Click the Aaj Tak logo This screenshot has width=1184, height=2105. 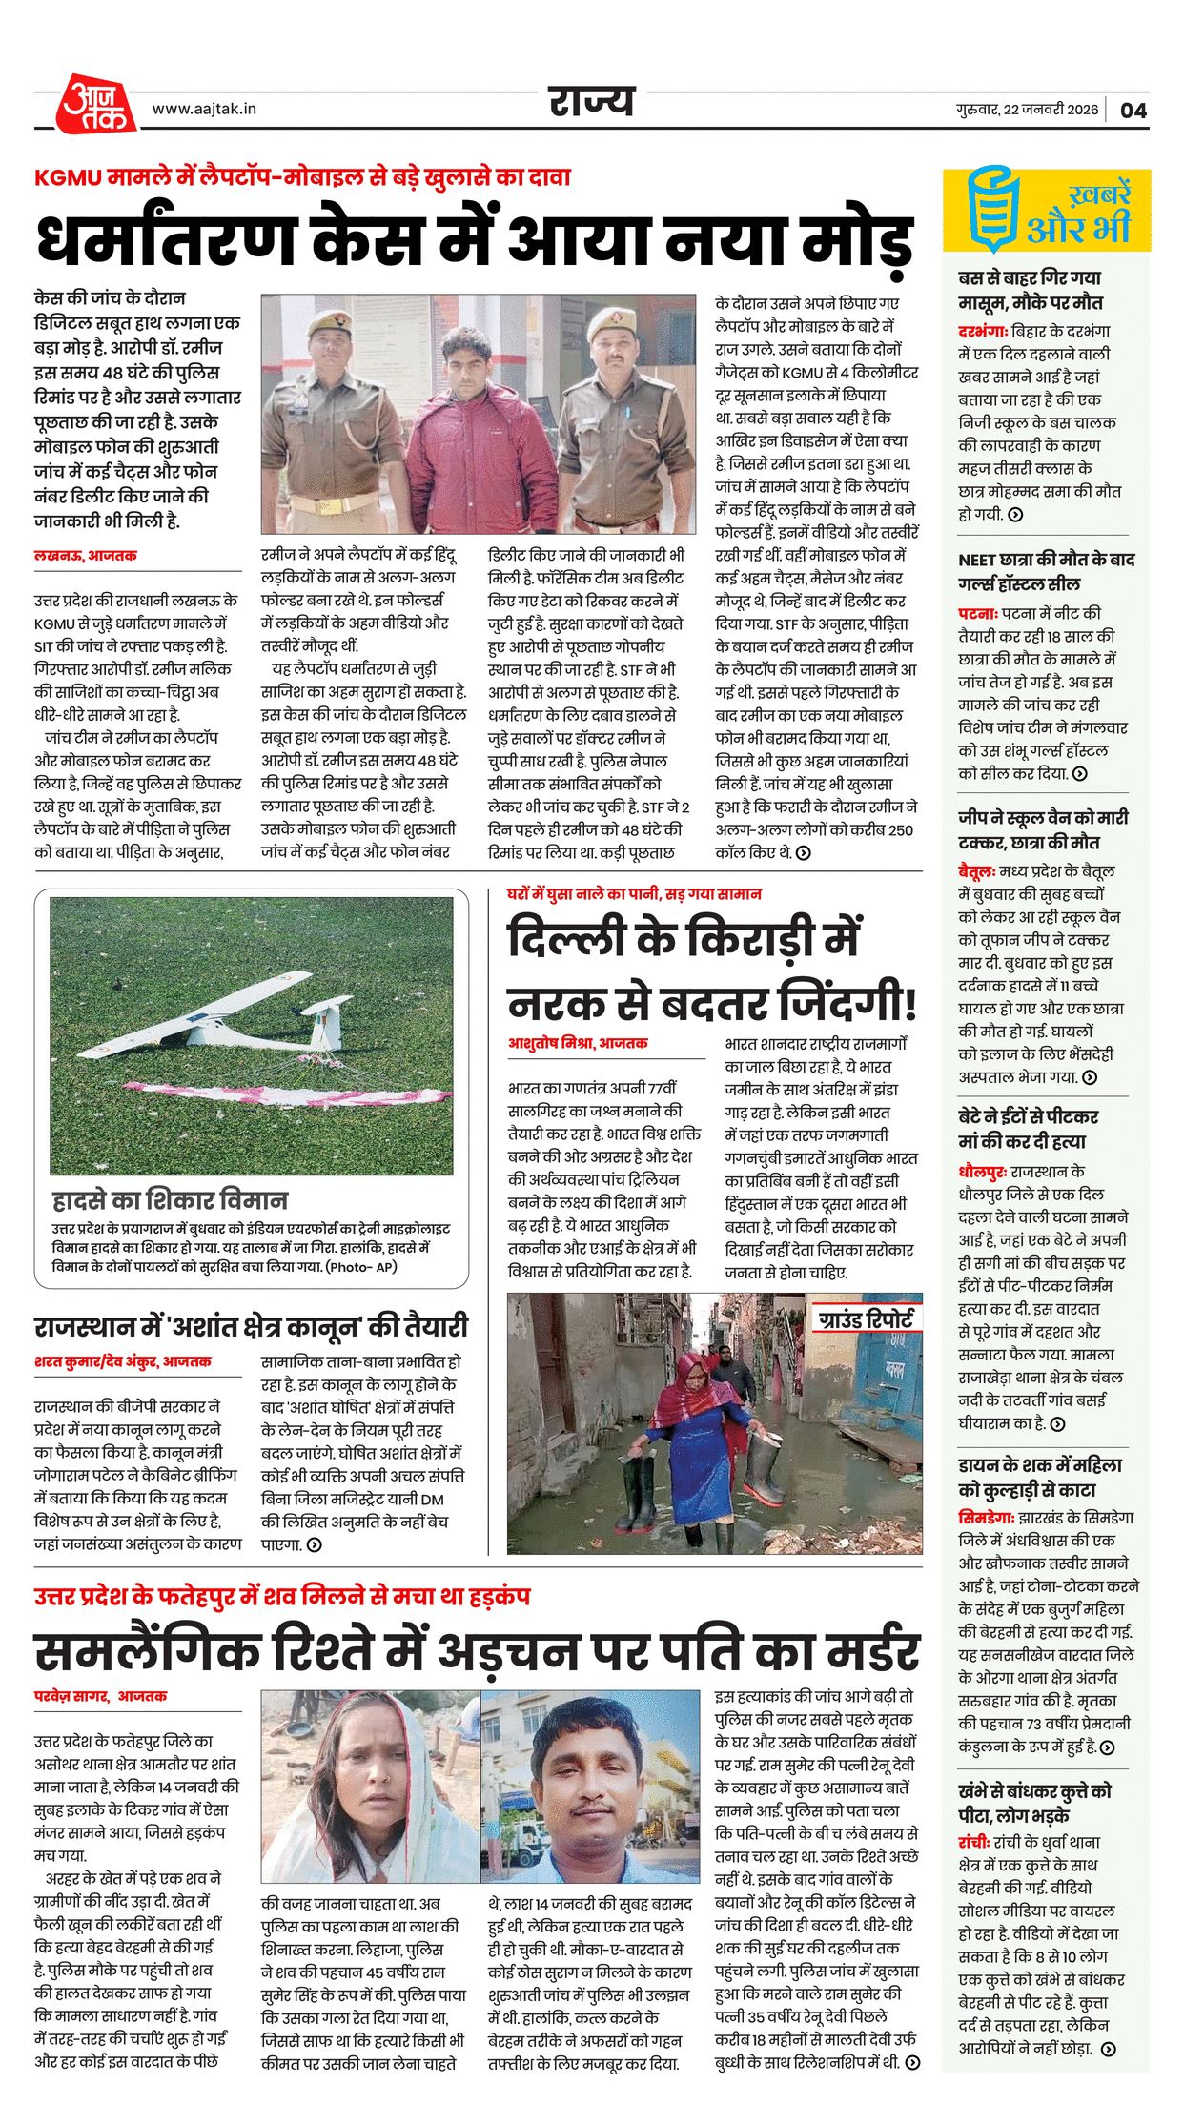click(x=95, y=103)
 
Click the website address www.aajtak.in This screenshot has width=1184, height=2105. click(x=204, y=110)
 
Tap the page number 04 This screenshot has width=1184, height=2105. click(x=1133, y=110)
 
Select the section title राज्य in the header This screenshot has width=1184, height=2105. click(x=591, y=101)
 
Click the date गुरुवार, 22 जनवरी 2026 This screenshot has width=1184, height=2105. click(x=1027, y=110)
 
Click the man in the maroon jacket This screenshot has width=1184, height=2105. click(x=468, y=429)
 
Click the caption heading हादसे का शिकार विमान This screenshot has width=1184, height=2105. click(x=170, y=1199)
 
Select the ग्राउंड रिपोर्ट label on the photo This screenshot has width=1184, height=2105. click(x=865, y=1319)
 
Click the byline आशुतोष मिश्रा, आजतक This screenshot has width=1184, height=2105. click(x=578, y=1043)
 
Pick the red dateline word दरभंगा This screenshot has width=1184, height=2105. click(x=983, y=332)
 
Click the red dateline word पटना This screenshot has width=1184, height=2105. click(x=977, y=613)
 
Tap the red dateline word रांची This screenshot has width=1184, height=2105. click(x=975, y=1843)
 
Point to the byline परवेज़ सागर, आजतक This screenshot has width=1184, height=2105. click(x=100, y=1696)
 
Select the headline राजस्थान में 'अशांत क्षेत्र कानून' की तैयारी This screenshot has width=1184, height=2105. click(x=251, y=1327)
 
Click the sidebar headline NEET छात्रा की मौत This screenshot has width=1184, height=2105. click(x=1046, y=571)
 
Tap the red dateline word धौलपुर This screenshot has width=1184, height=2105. click(x=983, y=1172)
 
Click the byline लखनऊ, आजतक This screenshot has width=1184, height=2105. click(x=85, y=555)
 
